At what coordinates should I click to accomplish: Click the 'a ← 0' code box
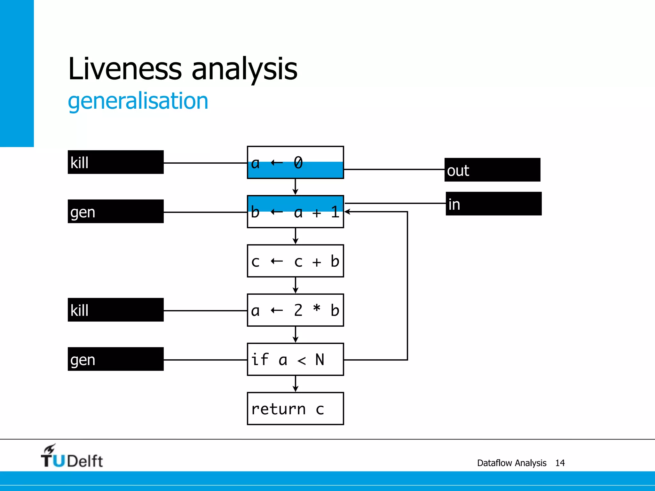pyautogui.click(x=295, y=162)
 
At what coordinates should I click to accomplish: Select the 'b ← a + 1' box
pyautogui.click(x=295, y=212)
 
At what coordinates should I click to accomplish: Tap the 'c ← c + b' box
pyautogui.click(x=295, y=261)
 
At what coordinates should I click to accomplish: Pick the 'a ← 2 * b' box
pyautogui.click(x=295, y=310)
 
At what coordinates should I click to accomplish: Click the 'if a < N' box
pyautogui.click(x=295, y=359)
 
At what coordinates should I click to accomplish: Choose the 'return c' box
pyautogui.click(x=295, y=409)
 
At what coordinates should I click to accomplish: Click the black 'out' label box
pyautogui.click(x=492, y=170)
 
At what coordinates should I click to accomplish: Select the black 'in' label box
pyautogui.click(x=493, y=204)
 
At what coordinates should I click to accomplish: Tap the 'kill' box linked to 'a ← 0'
pyautogui.click(x=115, y=162)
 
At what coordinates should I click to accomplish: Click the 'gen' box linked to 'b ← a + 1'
pyautogui.click(x=115, y=211)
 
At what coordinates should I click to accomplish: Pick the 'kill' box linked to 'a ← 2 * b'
pyautogui.click(x=115, y=310)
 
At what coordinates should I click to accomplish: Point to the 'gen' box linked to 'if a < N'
pyautogui.click(x=115, y=359)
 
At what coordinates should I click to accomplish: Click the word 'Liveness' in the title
pyautogui.click(x=125, y=68)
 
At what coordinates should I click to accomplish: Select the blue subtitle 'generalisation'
pyautogui.click(x=138, y=101)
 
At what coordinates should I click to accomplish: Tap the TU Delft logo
pyautogui.click(x=72, y=456)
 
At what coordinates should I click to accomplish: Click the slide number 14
pyautogui.click(x=560, y=463)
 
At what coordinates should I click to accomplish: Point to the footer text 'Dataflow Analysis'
pyautogui.click(x=511, y=463)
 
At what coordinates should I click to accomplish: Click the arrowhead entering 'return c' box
pyautogui.click(x=295, y=389)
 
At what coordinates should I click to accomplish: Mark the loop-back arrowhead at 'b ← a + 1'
pyautogui.click(x=347, y=212)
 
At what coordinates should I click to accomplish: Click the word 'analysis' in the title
pyautogui.click(x=244, y=68)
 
